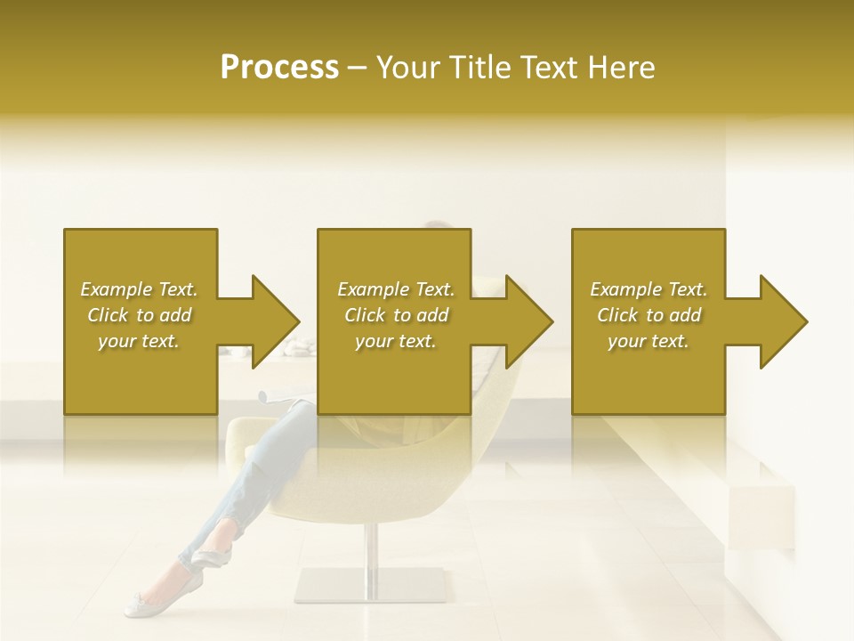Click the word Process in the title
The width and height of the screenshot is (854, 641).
point(279,68)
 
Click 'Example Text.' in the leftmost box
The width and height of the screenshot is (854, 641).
point(139,289)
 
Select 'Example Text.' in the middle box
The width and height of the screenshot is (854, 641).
point(395,289)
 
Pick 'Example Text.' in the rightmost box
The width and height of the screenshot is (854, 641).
point(649,289)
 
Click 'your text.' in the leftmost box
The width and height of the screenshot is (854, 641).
point(139,341)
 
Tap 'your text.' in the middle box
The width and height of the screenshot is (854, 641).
point(395,341)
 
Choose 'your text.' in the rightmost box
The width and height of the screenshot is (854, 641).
point(649,341)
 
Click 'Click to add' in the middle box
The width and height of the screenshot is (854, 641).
point(395,315)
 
